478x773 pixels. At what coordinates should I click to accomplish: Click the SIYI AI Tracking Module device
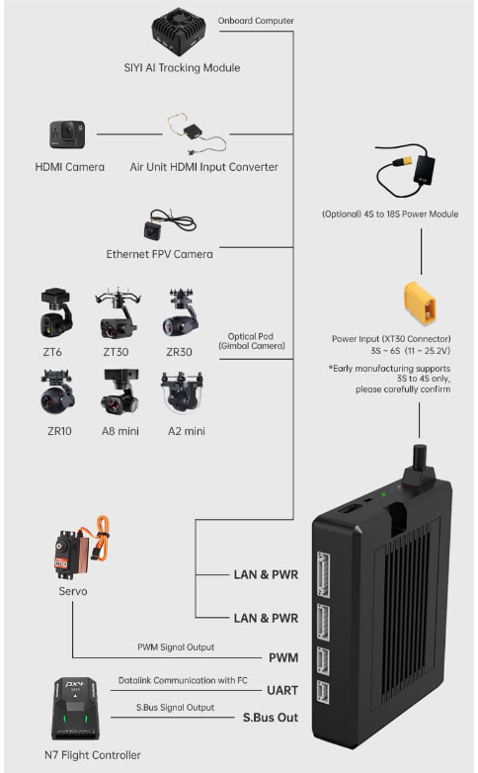point(179,31)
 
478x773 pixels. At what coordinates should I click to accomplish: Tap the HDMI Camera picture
point(67,134)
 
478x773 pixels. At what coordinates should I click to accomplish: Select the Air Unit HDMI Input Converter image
point(197,133)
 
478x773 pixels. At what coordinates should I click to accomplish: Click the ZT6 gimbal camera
point(55,313)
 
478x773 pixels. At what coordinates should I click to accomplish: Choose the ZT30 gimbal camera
point(118,313)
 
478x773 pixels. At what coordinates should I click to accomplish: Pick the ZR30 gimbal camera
point(180,313)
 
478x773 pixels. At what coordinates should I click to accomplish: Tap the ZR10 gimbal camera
point(57,392)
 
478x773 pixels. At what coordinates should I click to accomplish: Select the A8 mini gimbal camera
point(119,392)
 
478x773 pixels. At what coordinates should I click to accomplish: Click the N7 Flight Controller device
point(74,709)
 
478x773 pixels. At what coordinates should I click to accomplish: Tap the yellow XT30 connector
point(420,303)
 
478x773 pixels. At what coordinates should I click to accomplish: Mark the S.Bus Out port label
point(270,718)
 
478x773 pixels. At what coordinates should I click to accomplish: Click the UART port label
point(282,690)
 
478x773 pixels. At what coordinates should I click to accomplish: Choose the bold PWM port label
point(283,657)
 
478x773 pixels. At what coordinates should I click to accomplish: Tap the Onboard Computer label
point(256,21)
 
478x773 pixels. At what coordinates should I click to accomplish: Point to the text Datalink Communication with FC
point(183,680)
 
